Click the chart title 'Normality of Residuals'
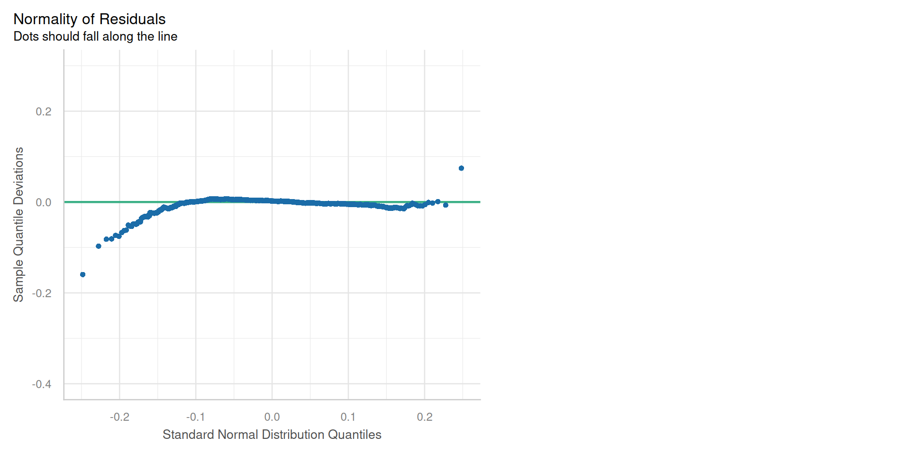click(90, 19)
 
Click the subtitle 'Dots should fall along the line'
click(95, 36)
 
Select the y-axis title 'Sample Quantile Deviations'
click(18, 224)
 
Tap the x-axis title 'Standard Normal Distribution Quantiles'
click(272, 435)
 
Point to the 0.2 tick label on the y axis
click(44, 111)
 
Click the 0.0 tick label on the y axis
click(44, 202)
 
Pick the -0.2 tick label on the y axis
click(42, 293)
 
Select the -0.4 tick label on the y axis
click(42, 384)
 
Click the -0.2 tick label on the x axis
click(119, 417)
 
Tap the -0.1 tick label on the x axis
click(195, 417)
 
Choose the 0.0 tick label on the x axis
click(272, 417)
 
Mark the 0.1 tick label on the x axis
click(348, 417)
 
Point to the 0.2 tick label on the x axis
click(425, 417)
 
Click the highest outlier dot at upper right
click(461, 168)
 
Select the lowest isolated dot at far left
click(83, 274)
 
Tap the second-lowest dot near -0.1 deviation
click(99, 246)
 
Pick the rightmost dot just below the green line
click(446, 205)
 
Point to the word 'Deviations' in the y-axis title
click(18, 175)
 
